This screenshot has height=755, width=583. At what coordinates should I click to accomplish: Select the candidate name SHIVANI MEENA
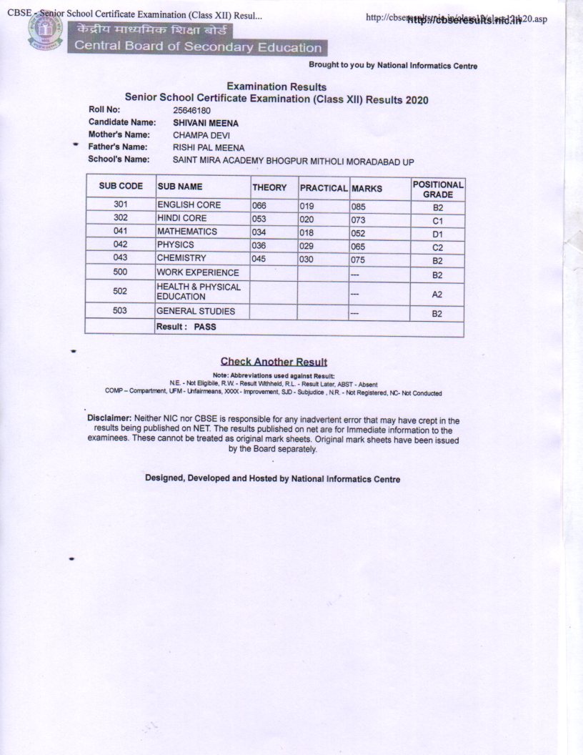click(206, 123)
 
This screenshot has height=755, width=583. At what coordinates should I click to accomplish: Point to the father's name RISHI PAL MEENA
click(208, 147)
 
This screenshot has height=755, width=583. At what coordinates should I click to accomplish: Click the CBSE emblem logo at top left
click(45, 32)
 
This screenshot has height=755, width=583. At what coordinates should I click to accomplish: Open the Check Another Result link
click(274, 362)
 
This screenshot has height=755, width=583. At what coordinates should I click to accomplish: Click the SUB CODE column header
click(121, 187)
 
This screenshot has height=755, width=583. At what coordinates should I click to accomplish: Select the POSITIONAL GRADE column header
click(438, 189)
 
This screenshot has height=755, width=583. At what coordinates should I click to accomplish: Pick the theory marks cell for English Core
click(259, 206)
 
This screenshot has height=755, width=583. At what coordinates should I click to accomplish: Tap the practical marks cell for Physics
click(307, 245)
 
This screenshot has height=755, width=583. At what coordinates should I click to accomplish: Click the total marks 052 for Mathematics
click(358, 232)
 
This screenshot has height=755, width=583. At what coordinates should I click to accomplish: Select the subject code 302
click(120, 218)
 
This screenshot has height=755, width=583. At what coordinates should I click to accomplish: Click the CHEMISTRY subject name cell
click(181, 258)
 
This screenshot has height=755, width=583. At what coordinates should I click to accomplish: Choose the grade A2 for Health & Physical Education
click(438, 294)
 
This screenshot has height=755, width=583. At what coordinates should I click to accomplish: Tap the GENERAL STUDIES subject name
click(196, 312)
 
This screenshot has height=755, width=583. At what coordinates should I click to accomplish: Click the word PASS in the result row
click(204, 327)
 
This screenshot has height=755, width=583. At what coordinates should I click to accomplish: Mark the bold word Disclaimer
click(109, 418)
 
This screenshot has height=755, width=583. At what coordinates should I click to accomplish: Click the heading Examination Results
click(276, 87)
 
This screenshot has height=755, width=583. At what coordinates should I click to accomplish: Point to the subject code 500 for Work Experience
click(120, 272)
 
